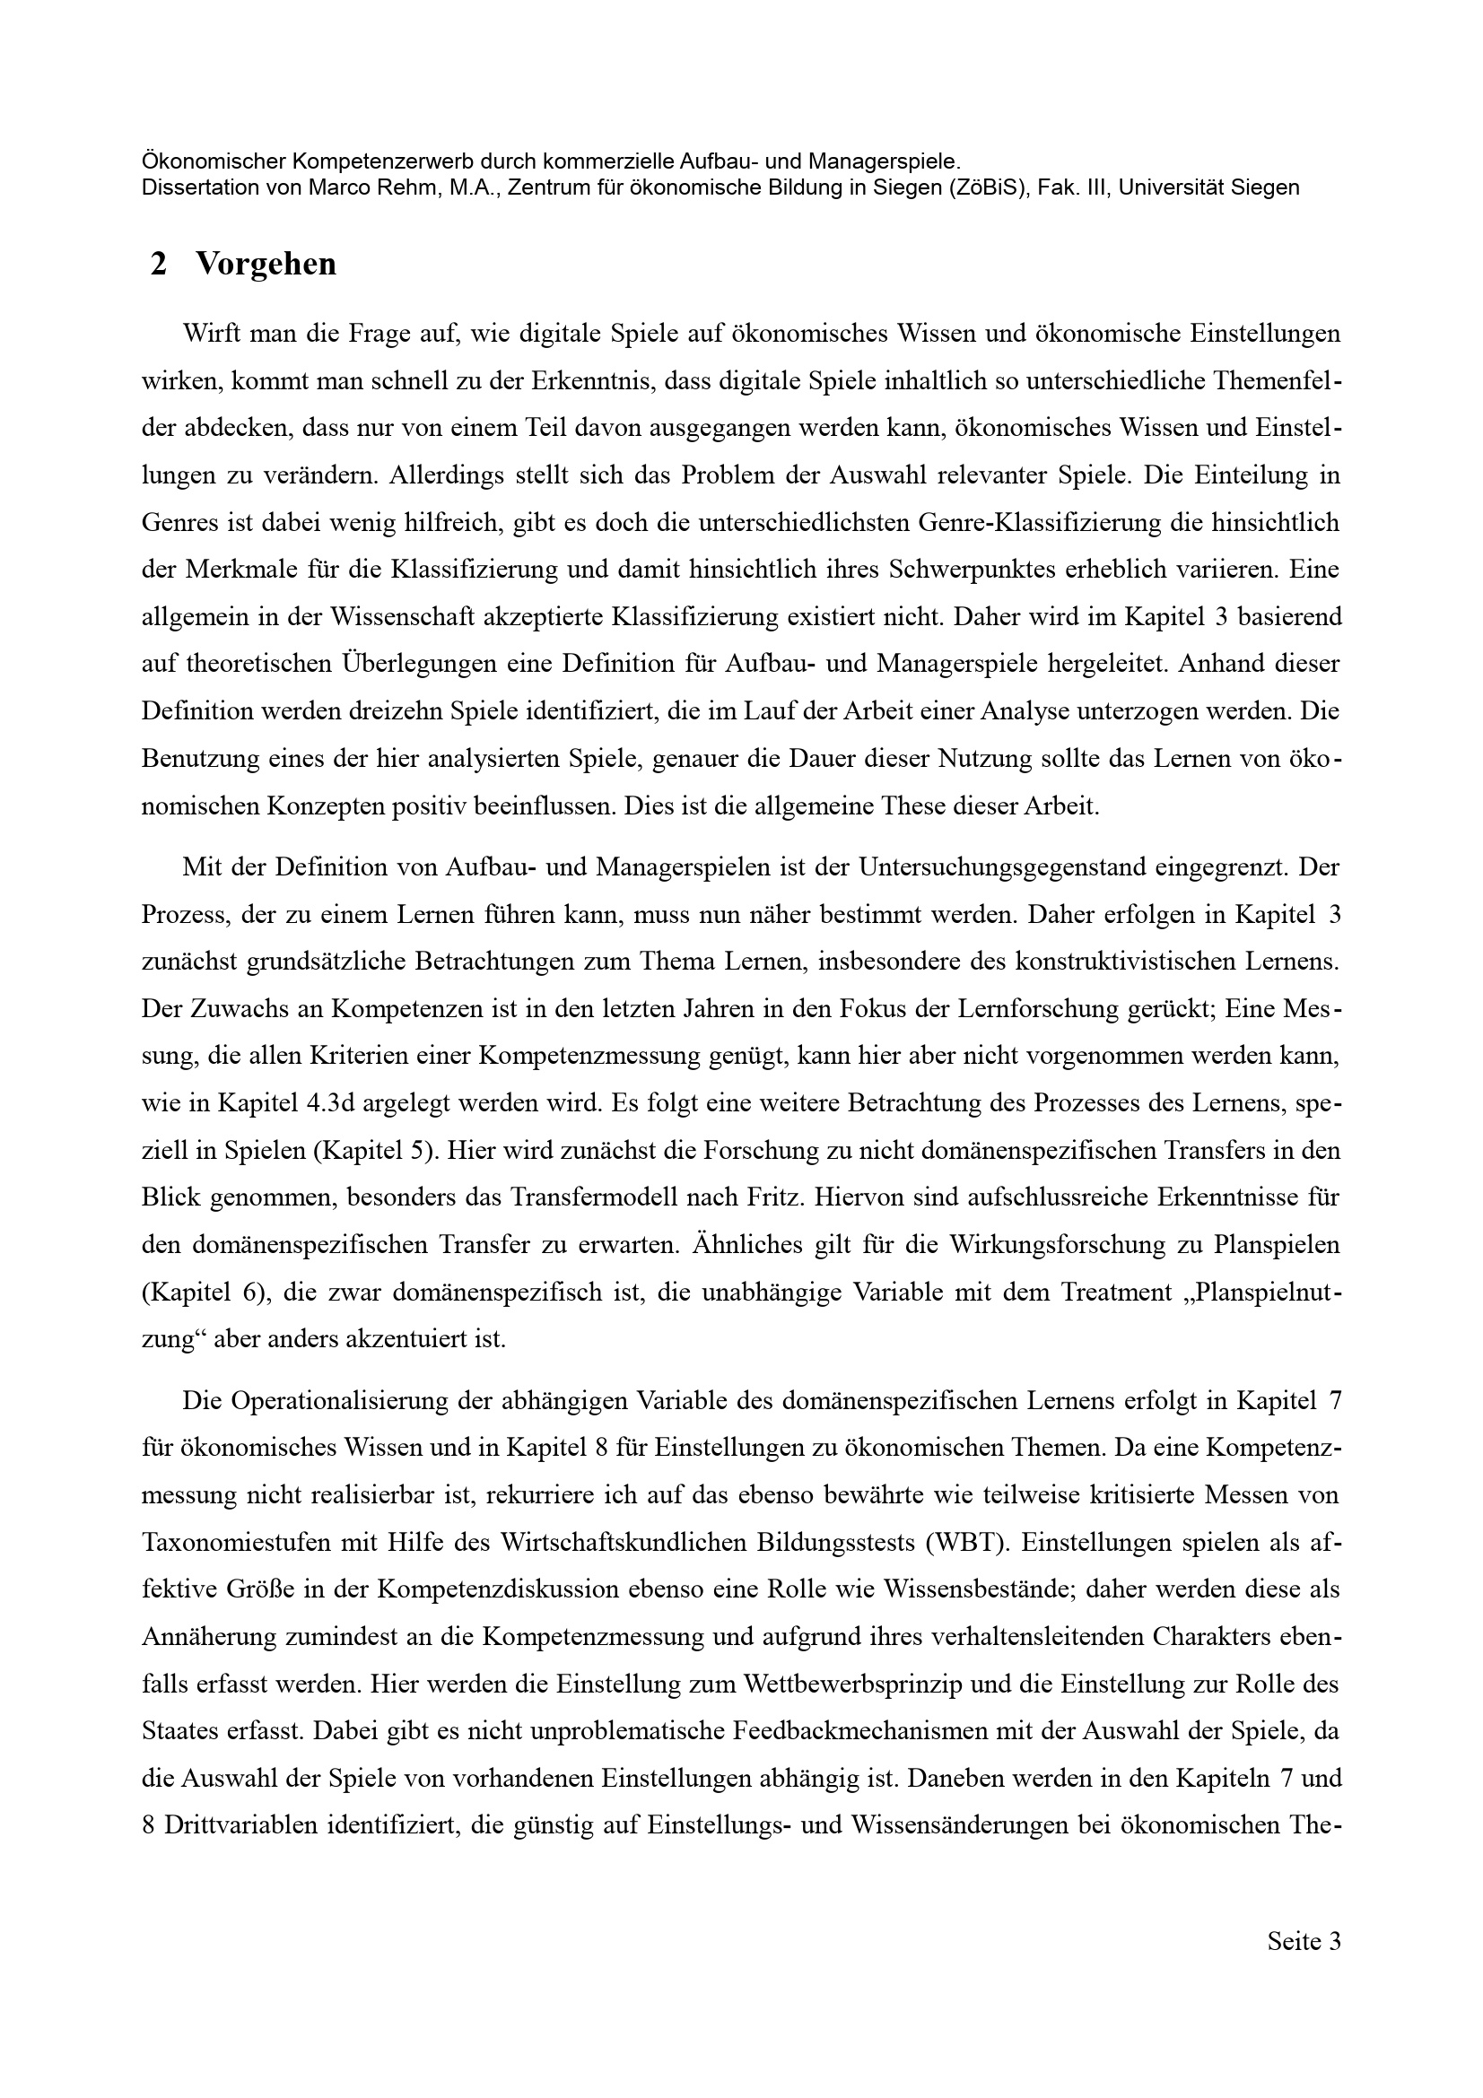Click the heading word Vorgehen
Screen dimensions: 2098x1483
(x=266, y=264)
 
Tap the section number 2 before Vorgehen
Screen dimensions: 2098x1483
(x=159, y=264)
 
